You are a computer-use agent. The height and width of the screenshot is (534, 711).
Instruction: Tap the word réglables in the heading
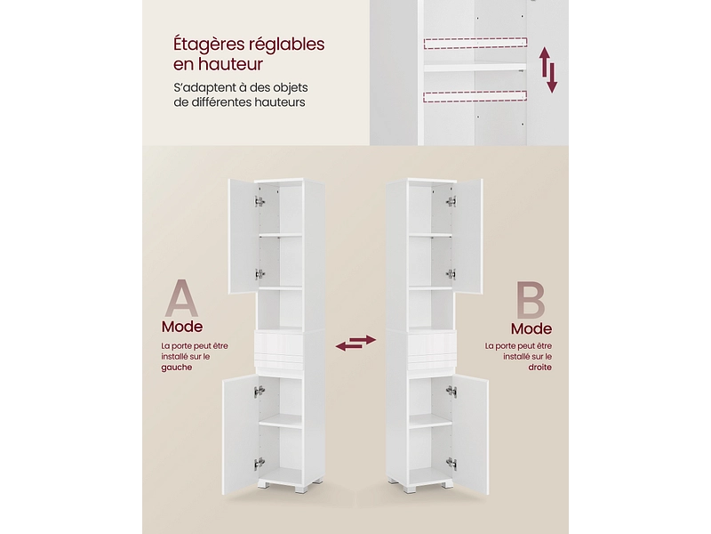point(284,45)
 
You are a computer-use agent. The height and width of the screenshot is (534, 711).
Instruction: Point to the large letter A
point(181,298)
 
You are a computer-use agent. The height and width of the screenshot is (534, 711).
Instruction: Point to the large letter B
point(530,300)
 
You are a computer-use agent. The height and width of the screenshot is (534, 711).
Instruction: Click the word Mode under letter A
point(182,327)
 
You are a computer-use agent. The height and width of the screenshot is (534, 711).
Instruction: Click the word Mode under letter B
point(531,328)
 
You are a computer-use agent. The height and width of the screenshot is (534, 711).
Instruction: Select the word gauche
point(177,368)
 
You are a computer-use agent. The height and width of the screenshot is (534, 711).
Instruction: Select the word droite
point(540,367)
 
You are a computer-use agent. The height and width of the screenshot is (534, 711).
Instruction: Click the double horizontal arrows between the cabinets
point(356,343)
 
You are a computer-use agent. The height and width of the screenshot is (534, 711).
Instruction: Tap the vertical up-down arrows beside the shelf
point(548,70)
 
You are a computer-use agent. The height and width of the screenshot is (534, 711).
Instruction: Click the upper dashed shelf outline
point(475,43)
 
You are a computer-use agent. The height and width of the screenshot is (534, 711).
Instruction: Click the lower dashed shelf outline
point(475,96)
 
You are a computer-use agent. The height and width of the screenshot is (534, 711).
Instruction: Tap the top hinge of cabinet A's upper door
point(260,202)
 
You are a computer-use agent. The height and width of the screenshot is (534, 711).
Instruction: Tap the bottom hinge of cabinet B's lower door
point(451,463)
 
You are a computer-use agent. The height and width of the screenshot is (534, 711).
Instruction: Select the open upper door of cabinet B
point(467,236)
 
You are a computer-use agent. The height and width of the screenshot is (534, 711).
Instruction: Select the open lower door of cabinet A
point(240,436)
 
